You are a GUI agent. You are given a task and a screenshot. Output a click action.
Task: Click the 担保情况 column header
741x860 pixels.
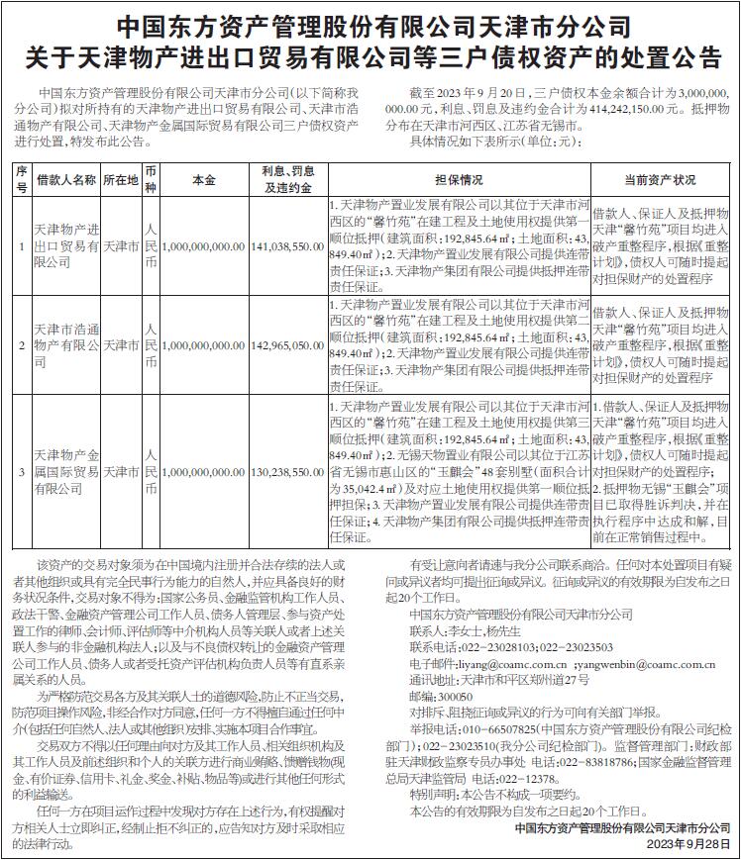pos(459,180)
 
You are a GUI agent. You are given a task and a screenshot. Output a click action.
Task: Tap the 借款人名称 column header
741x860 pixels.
pos(66,180)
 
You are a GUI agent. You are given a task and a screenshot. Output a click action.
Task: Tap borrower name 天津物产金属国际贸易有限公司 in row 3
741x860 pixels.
pos(66,474)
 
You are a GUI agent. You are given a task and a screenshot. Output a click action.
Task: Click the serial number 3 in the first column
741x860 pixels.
pos(22,474)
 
